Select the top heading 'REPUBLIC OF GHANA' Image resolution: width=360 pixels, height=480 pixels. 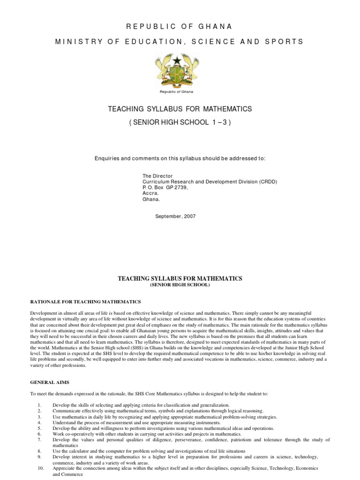[180, 26]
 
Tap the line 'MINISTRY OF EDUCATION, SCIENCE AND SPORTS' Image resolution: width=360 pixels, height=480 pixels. [180, 42]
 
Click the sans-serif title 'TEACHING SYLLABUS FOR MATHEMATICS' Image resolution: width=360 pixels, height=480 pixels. [180, 109]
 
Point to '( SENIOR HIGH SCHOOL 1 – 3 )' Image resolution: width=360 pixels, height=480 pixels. [180, 122]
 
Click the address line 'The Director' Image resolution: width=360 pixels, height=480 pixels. [157, 176]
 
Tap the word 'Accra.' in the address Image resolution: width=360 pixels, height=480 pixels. [150, 193]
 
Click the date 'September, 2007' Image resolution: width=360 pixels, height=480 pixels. [175, 217]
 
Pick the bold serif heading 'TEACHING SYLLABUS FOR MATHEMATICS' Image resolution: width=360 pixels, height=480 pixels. [180, 278]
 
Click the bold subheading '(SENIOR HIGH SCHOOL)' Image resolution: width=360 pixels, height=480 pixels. [180, 285]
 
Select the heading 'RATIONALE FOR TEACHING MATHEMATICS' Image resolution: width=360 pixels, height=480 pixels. [85, 301]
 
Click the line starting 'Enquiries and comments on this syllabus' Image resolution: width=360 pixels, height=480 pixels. [180, 158]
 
